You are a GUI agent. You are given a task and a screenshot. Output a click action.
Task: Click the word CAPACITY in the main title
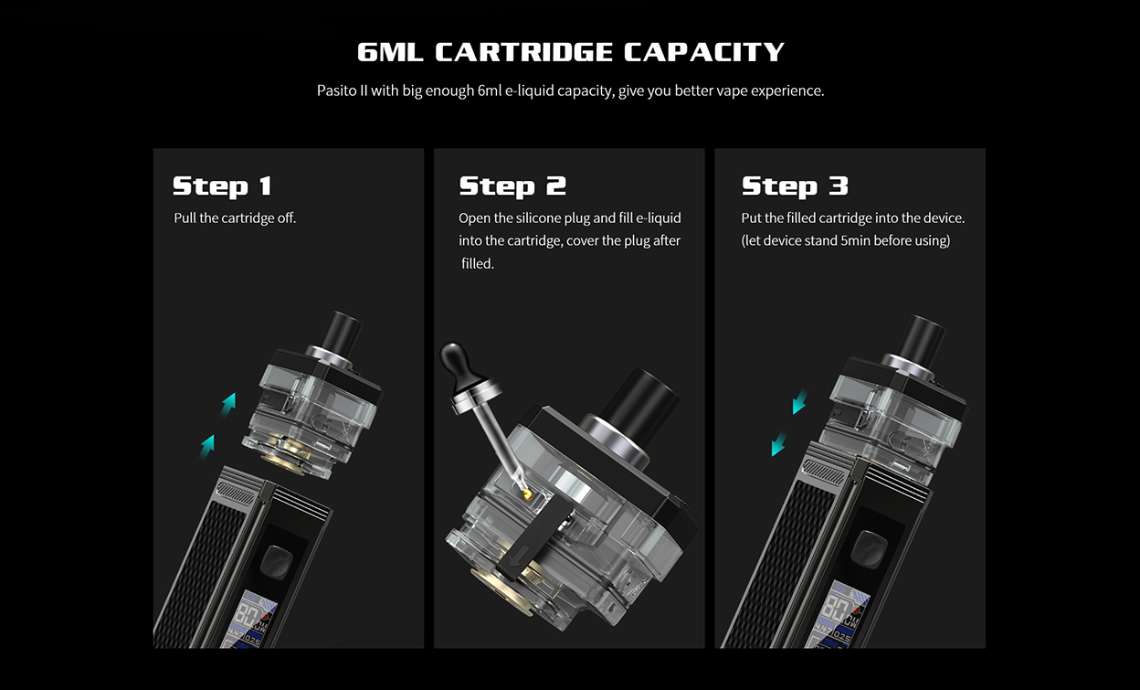pos(703,52)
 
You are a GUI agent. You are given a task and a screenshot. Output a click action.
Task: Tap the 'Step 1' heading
pos(222,186)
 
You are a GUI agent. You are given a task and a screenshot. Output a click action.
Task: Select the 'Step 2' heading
pos(512,186)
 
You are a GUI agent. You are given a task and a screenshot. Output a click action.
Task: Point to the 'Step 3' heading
pos(795,186)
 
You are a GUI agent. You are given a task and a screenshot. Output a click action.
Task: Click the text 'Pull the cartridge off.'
pos(235,218)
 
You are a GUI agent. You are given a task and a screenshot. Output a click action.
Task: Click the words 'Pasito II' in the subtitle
pos(342,91)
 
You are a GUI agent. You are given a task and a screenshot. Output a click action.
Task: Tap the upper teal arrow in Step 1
pos(228,401)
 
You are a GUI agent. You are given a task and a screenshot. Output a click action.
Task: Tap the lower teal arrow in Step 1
pos(208,444)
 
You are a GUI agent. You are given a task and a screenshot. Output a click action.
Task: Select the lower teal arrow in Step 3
pos(779,445)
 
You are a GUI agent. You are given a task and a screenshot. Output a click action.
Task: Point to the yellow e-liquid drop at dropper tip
pos(527,493)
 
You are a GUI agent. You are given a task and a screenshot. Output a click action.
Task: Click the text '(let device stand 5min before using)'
pos(845,240)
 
